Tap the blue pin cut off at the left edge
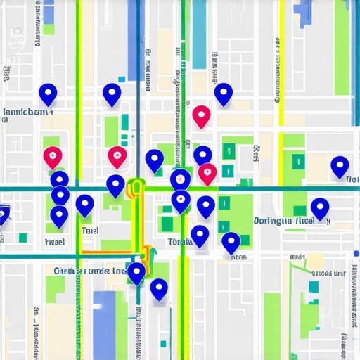[x=3, y=212]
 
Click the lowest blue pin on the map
[x=159, y=288]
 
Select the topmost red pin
[x=202, y=115]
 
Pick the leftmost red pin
[x=53, y=156]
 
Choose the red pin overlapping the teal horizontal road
[x=207, y=172]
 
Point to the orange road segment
[x=112, y=250]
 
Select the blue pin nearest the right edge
[x=340, y=166]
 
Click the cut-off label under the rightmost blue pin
[x=352, y=180]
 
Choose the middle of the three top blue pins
[x=112, y=94]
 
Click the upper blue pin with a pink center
[x=180, y=179]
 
